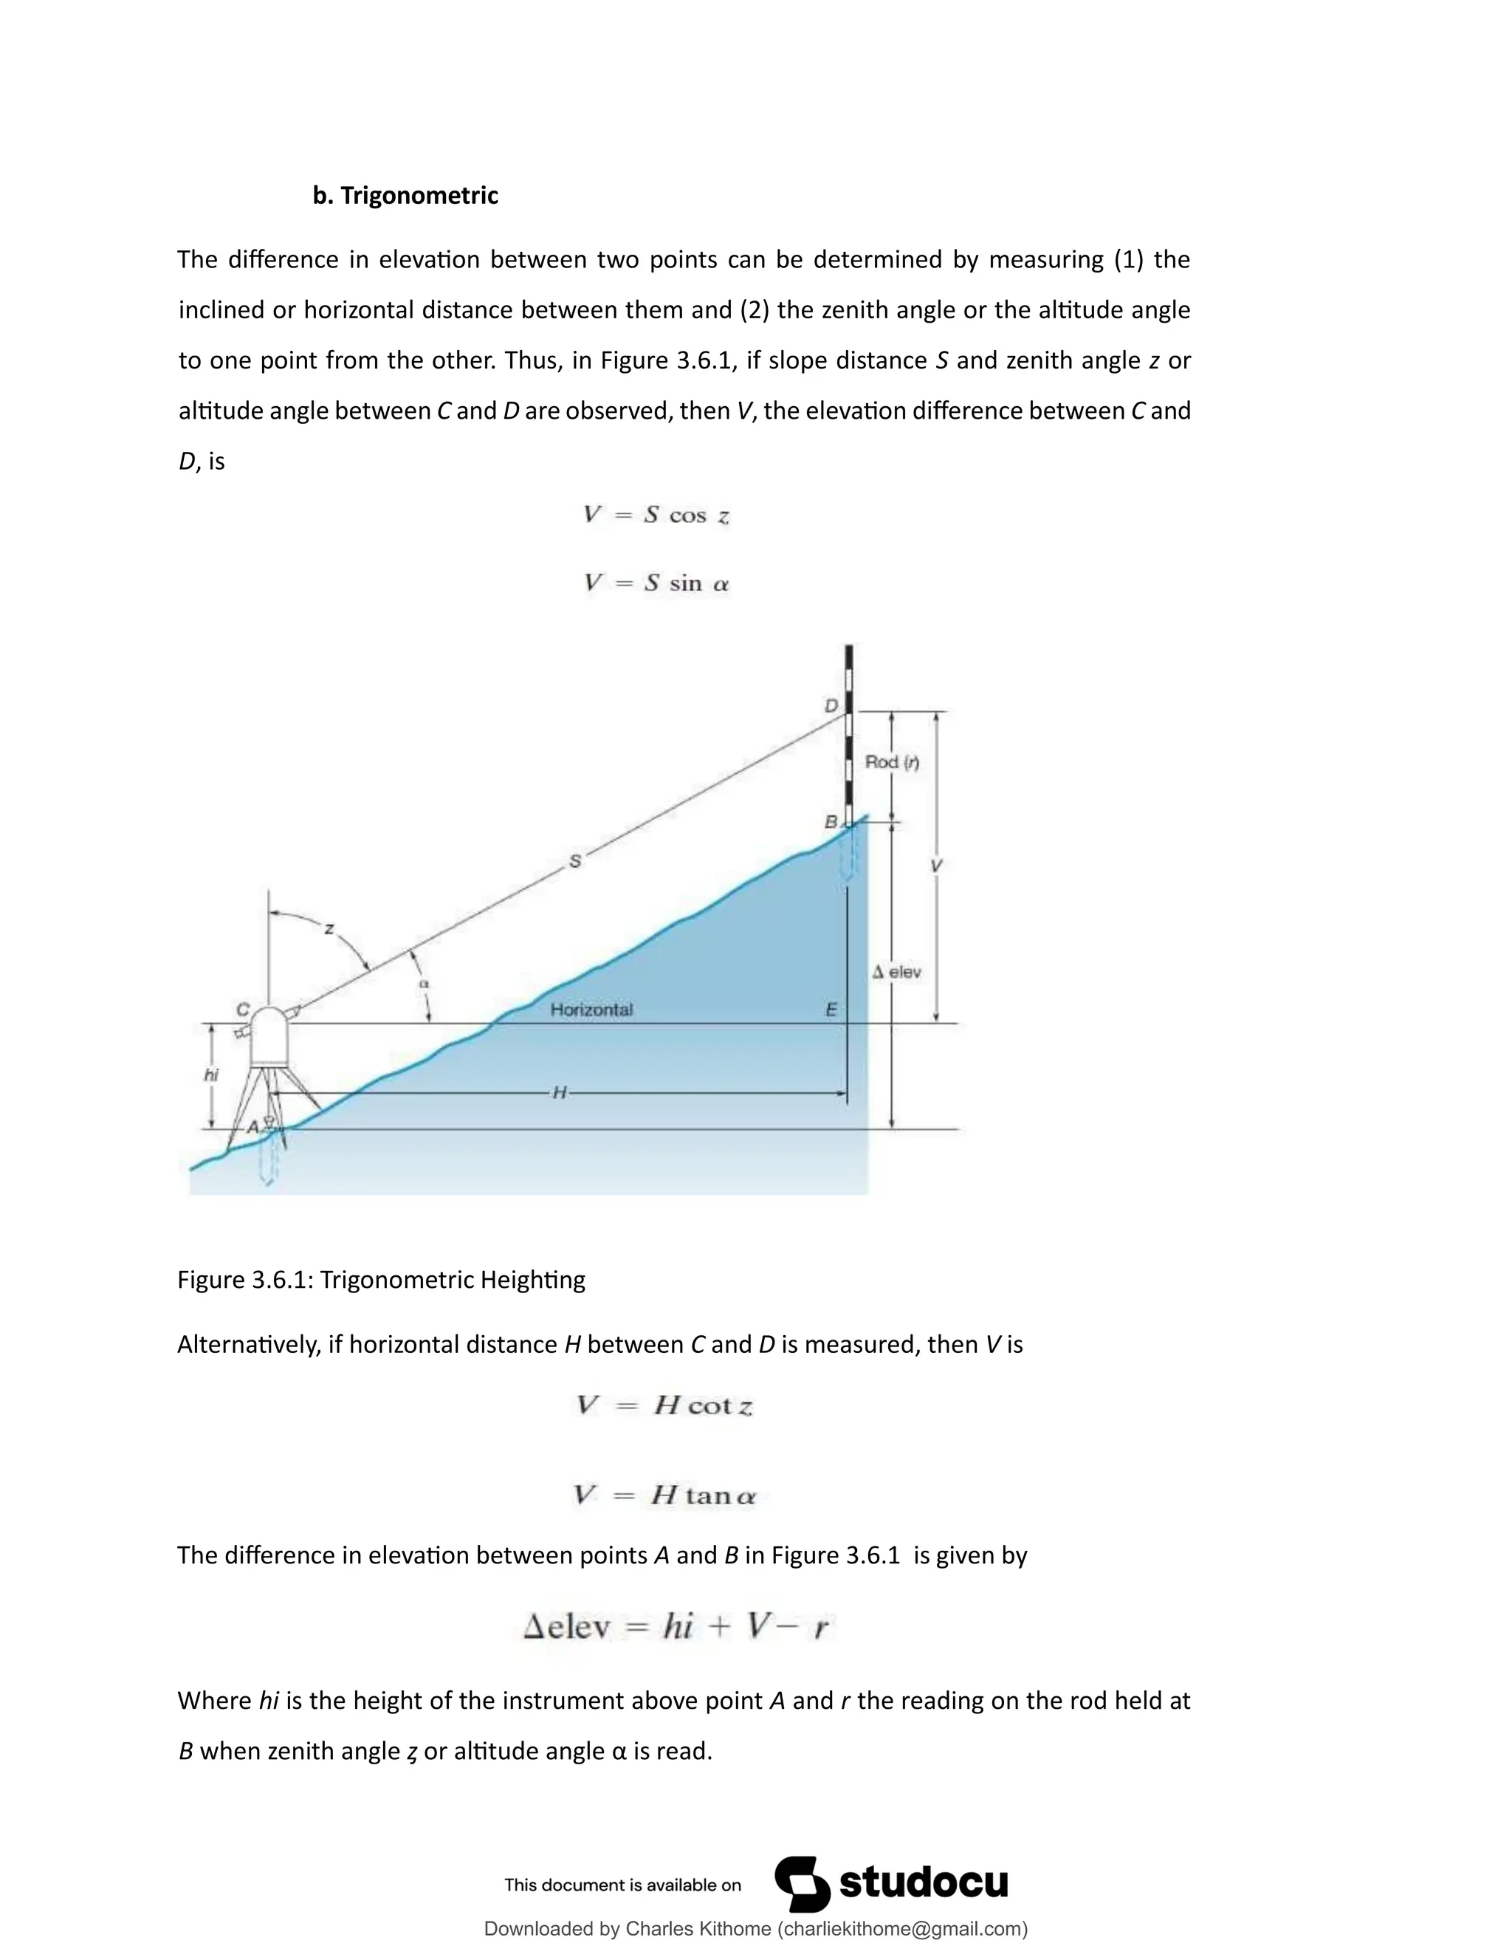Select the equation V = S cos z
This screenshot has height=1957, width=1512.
click(656, 515)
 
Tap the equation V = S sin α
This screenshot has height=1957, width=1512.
click(656, 583)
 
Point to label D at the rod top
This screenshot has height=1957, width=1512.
click(831, 706)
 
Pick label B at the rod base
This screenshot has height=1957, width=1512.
click(831, 822)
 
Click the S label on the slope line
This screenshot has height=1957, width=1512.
click(575, 861)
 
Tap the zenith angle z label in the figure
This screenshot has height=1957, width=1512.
click(329, 929)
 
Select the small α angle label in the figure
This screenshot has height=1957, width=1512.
click(425, 984)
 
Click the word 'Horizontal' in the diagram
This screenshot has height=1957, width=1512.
click(591, 1010)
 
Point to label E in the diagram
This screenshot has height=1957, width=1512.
click(831, 1010)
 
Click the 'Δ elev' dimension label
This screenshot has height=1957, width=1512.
click(896, 973)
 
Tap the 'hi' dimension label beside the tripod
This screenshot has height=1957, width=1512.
click(211, 1075)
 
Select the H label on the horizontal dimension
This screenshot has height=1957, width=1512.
click(559, 1092)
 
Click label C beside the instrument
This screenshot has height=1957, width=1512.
click(242, 1010)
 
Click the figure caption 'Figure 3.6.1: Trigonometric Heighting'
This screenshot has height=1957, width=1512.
click(381, 1280)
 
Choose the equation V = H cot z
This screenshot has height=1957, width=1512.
click(664, 1405)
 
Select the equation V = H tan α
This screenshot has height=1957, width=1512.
click(664, 1495)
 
